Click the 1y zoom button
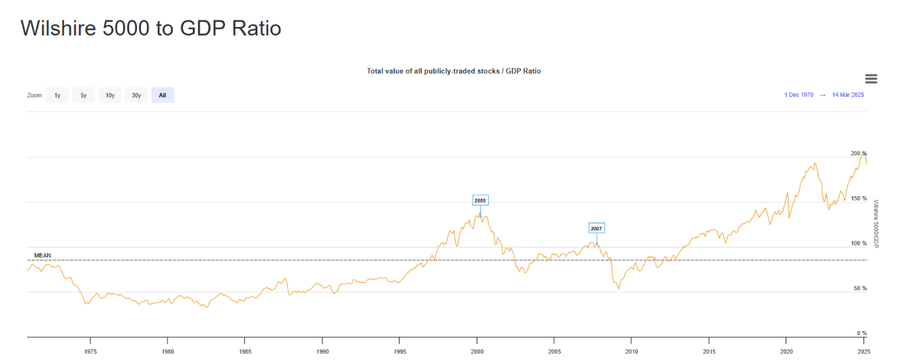[x=57, y=95]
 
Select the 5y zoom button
[x=84, y=95]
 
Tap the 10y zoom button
[x=110, y=95]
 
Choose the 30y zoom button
[x=136, y=95]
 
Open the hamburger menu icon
[x=871, y=79]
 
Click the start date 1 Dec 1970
[x=798, y=95]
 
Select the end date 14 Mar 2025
[x=848, y=95]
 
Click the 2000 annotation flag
[x=480, y=201]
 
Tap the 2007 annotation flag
[x=596, y=228]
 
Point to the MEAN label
[x=42, y=255]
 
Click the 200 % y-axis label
[x=858, y=153]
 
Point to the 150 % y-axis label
[x=858, y=199]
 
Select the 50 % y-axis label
[x=860, y=289]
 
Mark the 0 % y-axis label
[x=862, y=334]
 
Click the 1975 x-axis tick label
[x=90, y=351]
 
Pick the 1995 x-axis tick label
[x=400, y=351]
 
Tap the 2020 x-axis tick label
[x=786, y=351]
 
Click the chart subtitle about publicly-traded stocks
[x=454, y=71]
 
